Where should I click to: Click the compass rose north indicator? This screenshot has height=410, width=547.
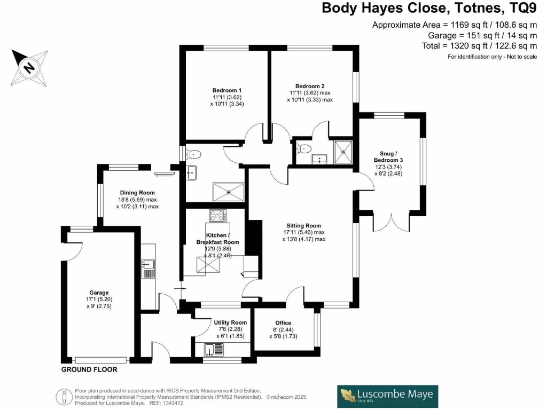coord(28,68)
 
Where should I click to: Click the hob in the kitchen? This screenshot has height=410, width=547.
coord(217,216)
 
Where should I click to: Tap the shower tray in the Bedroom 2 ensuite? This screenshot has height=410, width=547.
coord(342,152)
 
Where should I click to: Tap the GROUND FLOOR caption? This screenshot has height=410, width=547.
coord(89,369)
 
